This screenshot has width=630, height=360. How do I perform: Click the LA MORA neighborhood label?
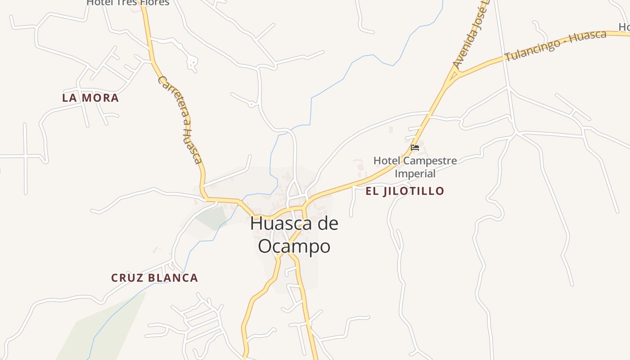90,98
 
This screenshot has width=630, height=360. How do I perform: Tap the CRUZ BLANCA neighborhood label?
154,278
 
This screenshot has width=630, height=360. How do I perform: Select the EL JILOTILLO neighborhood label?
405,191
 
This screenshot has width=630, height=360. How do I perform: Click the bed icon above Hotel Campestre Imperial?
415,147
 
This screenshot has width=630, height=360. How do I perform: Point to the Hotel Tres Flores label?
128,3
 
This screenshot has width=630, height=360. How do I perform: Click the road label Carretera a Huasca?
180,120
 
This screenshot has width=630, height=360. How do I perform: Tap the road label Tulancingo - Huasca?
555,45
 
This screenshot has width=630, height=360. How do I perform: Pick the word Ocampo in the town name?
294,246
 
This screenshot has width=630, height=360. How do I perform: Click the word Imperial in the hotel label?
415,173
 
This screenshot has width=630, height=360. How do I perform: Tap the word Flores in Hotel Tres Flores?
155,3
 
